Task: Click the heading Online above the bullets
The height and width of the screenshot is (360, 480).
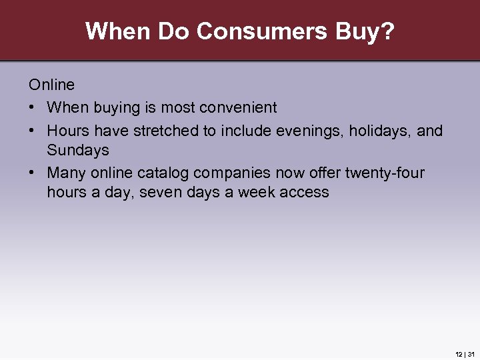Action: pos(51,85)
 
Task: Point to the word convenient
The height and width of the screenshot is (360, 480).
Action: pos(239,107)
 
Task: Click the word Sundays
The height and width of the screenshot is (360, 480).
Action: pos(77,150)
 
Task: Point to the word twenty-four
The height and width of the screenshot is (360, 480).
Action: pos(385,173)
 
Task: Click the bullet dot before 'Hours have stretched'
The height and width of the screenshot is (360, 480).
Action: pos(33,131)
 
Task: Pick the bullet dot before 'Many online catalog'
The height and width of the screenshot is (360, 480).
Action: pos(33,173)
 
